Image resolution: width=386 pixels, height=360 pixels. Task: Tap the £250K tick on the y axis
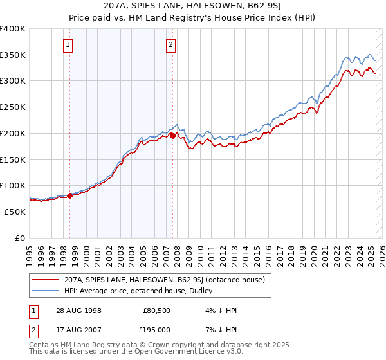[13, 107]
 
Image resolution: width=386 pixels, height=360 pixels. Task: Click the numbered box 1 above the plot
[68, 44]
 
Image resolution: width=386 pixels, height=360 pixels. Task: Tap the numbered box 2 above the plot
[170, 44]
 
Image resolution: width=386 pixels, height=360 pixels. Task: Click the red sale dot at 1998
[70, 195]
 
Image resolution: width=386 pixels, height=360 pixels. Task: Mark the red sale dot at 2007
[172, 136]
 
